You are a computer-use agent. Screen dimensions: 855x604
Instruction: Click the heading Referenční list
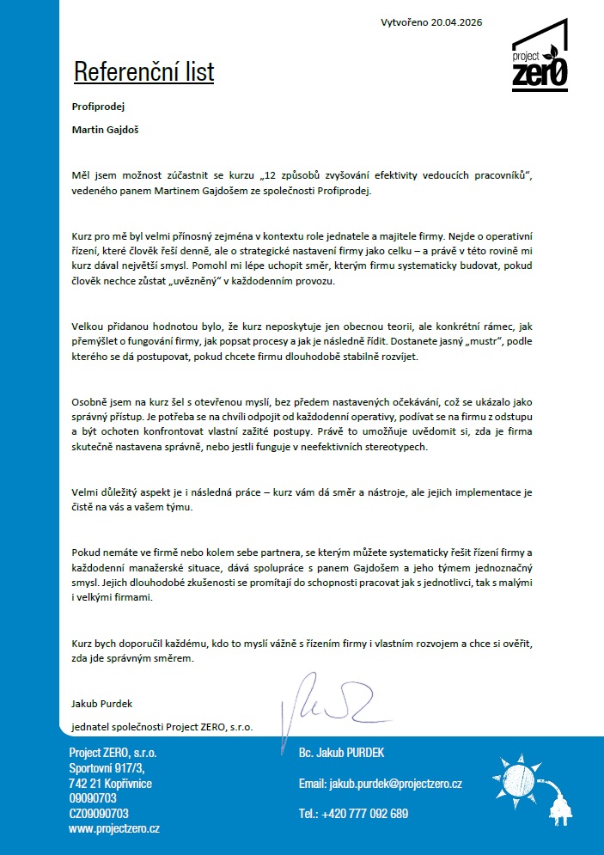point(143,72)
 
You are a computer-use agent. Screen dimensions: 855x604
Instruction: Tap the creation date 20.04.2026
point(455,22)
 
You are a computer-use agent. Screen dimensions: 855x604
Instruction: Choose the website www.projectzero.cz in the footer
point(114,829)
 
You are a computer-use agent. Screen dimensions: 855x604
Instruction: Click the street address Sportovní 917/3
point(107,767)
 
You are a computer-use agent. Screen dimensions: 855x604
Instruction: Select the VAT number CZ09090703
point(99,813)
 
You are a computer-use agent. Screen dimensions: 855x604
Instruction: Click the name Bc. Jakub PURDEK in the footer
point(342,753)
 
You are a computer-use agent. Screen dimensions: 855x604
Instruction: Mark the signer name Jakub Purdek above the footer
point(100,703)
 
